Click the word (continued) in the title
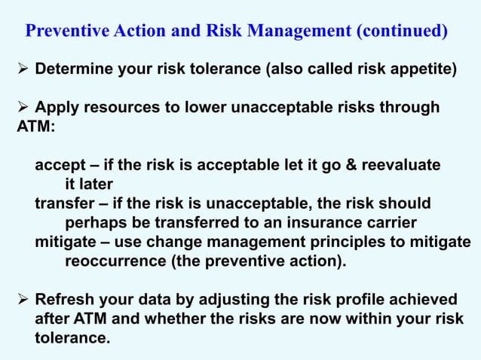402,32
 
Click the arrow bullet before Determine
23,71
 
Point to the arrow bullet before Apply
23,108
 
